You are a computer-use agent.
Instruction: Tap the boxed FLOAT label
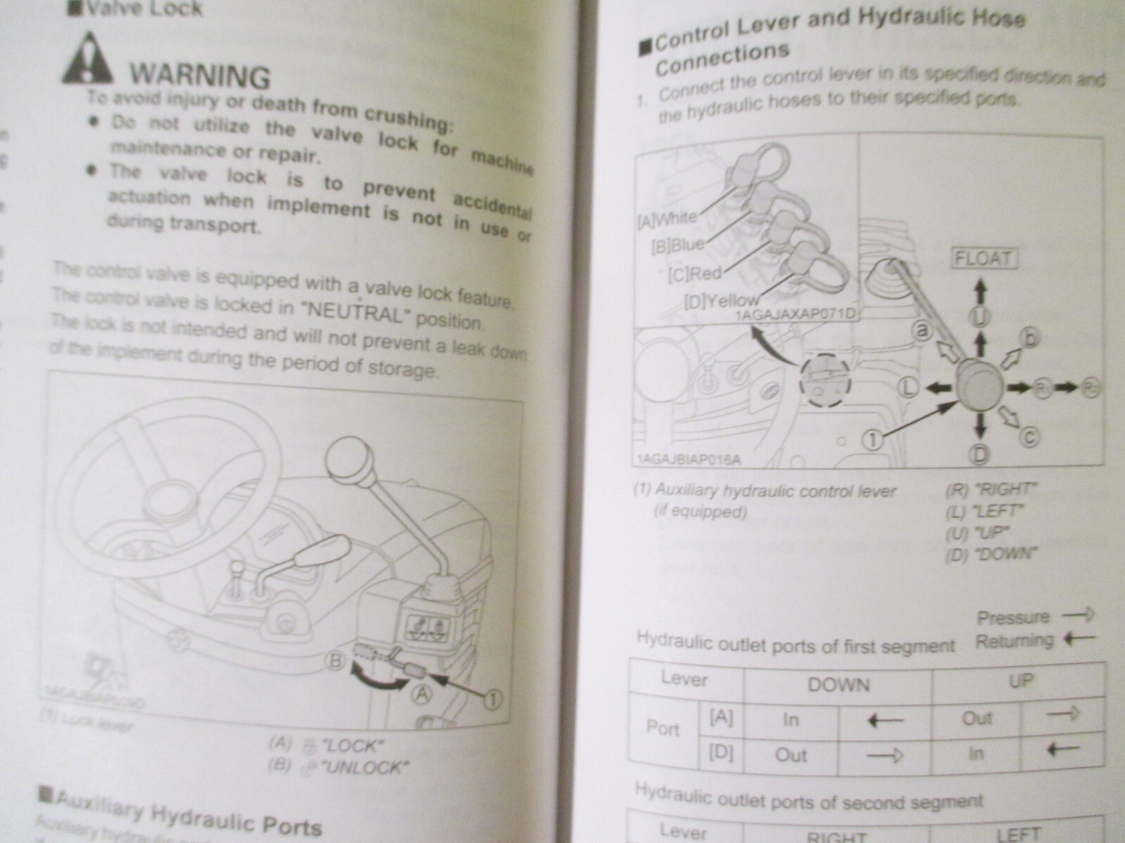click(x=984, y=258)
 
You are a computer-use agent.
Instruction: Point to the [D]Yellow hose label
click(x=721, y=301)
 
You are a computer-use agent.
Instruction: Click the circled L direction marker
click(x=907, y=386)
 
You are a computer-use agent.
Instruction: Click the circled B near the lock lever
click(x=336, y=660)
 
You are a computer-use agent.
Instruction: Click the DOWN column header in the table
click(x=838, y=684)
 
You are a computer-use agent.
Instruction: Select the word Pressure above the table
click(x=1012, y=617)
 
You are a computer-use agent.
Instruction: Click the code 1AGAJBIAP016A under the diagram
click(x=688, y=460)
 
